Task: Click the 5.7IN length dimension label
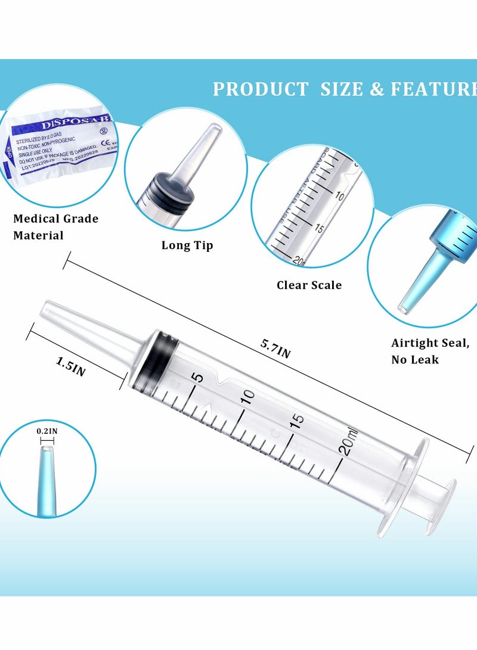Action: [275, 348]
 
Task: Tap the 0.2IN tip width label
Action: [47, 430]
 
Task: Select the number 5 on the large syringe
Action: [199, 377]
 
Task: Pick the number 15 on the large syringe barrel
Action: [298, 419]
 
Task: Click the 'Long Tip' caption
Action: [187, 245]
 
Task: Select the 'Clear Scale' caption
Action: [309, 285]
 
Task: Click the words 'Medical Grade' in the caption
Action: [55, 219]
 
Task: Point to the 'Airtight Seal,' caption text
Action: [430, 343]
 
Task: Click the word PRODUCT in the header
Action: [261, 89]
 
